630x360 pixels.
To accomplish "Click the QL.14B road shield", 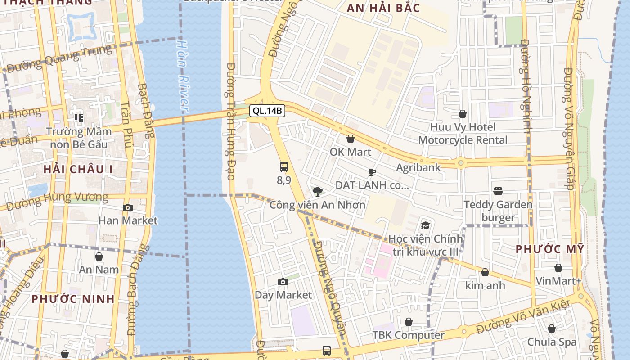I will click(x=267, y=111).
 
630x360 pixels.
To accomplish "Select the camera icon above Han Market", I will click(x=128, y=207).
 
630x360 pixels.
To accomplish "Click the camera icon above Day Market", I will click(x=283, y=282).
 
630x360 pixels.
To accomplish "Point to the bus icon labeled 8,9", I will click(x=284, y=167).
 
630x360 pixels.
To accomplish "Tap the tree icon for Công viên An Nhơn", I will click(x=317, y=192).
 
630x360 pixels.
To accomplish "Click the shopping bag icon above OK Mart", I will click(x=350, y=139).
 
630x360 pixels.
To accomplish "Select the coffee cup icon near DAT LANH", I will click(x=372, y=172).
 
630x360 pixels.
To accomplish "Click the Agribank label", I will click(x=418, y=167).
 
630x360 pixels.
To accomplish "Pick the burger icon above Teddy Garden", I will click(x=498, y=191).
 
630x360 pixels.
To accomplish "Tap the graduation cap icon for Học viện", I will click(x=425, y=225).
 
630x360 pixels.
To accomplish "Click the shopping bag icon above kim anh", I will click(x=485, y=272).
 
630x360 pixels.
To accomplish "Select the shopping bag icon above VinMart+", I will click(x=558, y=268).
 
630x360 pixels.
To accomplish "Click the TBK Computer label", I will click(x=408, y=335).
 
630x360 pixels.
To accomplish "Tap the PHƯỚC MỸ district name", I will click(x=549, y=249).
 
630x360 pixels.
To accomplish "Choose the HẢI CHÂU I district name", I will click(x=78, y=169).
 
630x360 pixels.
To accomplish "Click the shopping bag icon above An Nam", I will click(x=99, y=256).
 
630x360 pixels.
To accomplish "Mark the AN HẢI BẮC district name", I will click(x=383, y=8).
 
